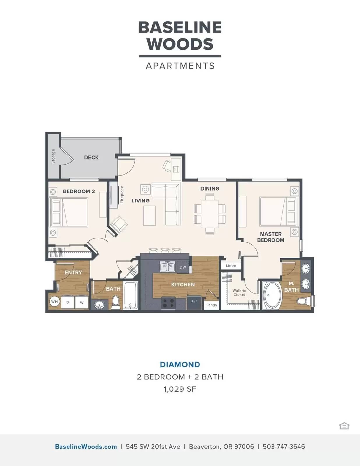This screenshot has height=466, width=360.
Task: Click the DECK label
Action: click(91, 157)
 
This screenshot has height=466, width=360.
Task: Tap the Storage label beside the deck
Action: click(53, 156)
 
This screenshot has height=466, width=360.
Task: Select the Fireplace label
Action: click(122, 195)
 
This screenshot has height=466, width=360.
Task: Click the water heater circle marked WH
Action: click(54, 301)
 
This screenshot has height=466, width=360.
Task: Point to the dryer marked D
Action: click(68, 302)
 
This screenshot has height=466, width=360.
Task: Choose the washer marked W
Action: click(82, 302)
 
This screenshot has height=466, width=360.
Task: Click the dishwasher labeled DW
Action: click(183, 267)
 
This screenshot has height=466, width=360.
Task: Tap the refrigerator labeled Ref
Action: click(194, 302)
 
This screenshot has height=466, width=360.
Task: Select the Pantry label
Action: click(212, 305)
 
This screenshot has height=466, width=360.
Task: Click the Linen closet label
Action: click(231, 266)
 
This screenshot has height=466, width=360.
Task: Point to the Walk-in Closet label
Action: click(239, 292)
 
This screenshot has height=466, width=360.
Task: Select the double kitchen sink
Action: click(168, 267)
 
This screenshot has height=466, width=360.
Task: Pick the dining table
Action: click(209, 214)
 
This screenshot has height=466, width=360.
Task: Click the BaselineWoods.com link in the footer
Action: click(86, 447)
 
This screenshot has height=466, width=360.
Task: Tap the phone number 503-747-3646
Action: click(284, 447)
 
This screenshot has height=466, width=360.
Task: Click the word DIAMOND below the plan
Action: click(180, 365)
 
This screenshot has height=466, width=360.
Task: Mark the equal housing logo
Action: click(344, 426)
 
